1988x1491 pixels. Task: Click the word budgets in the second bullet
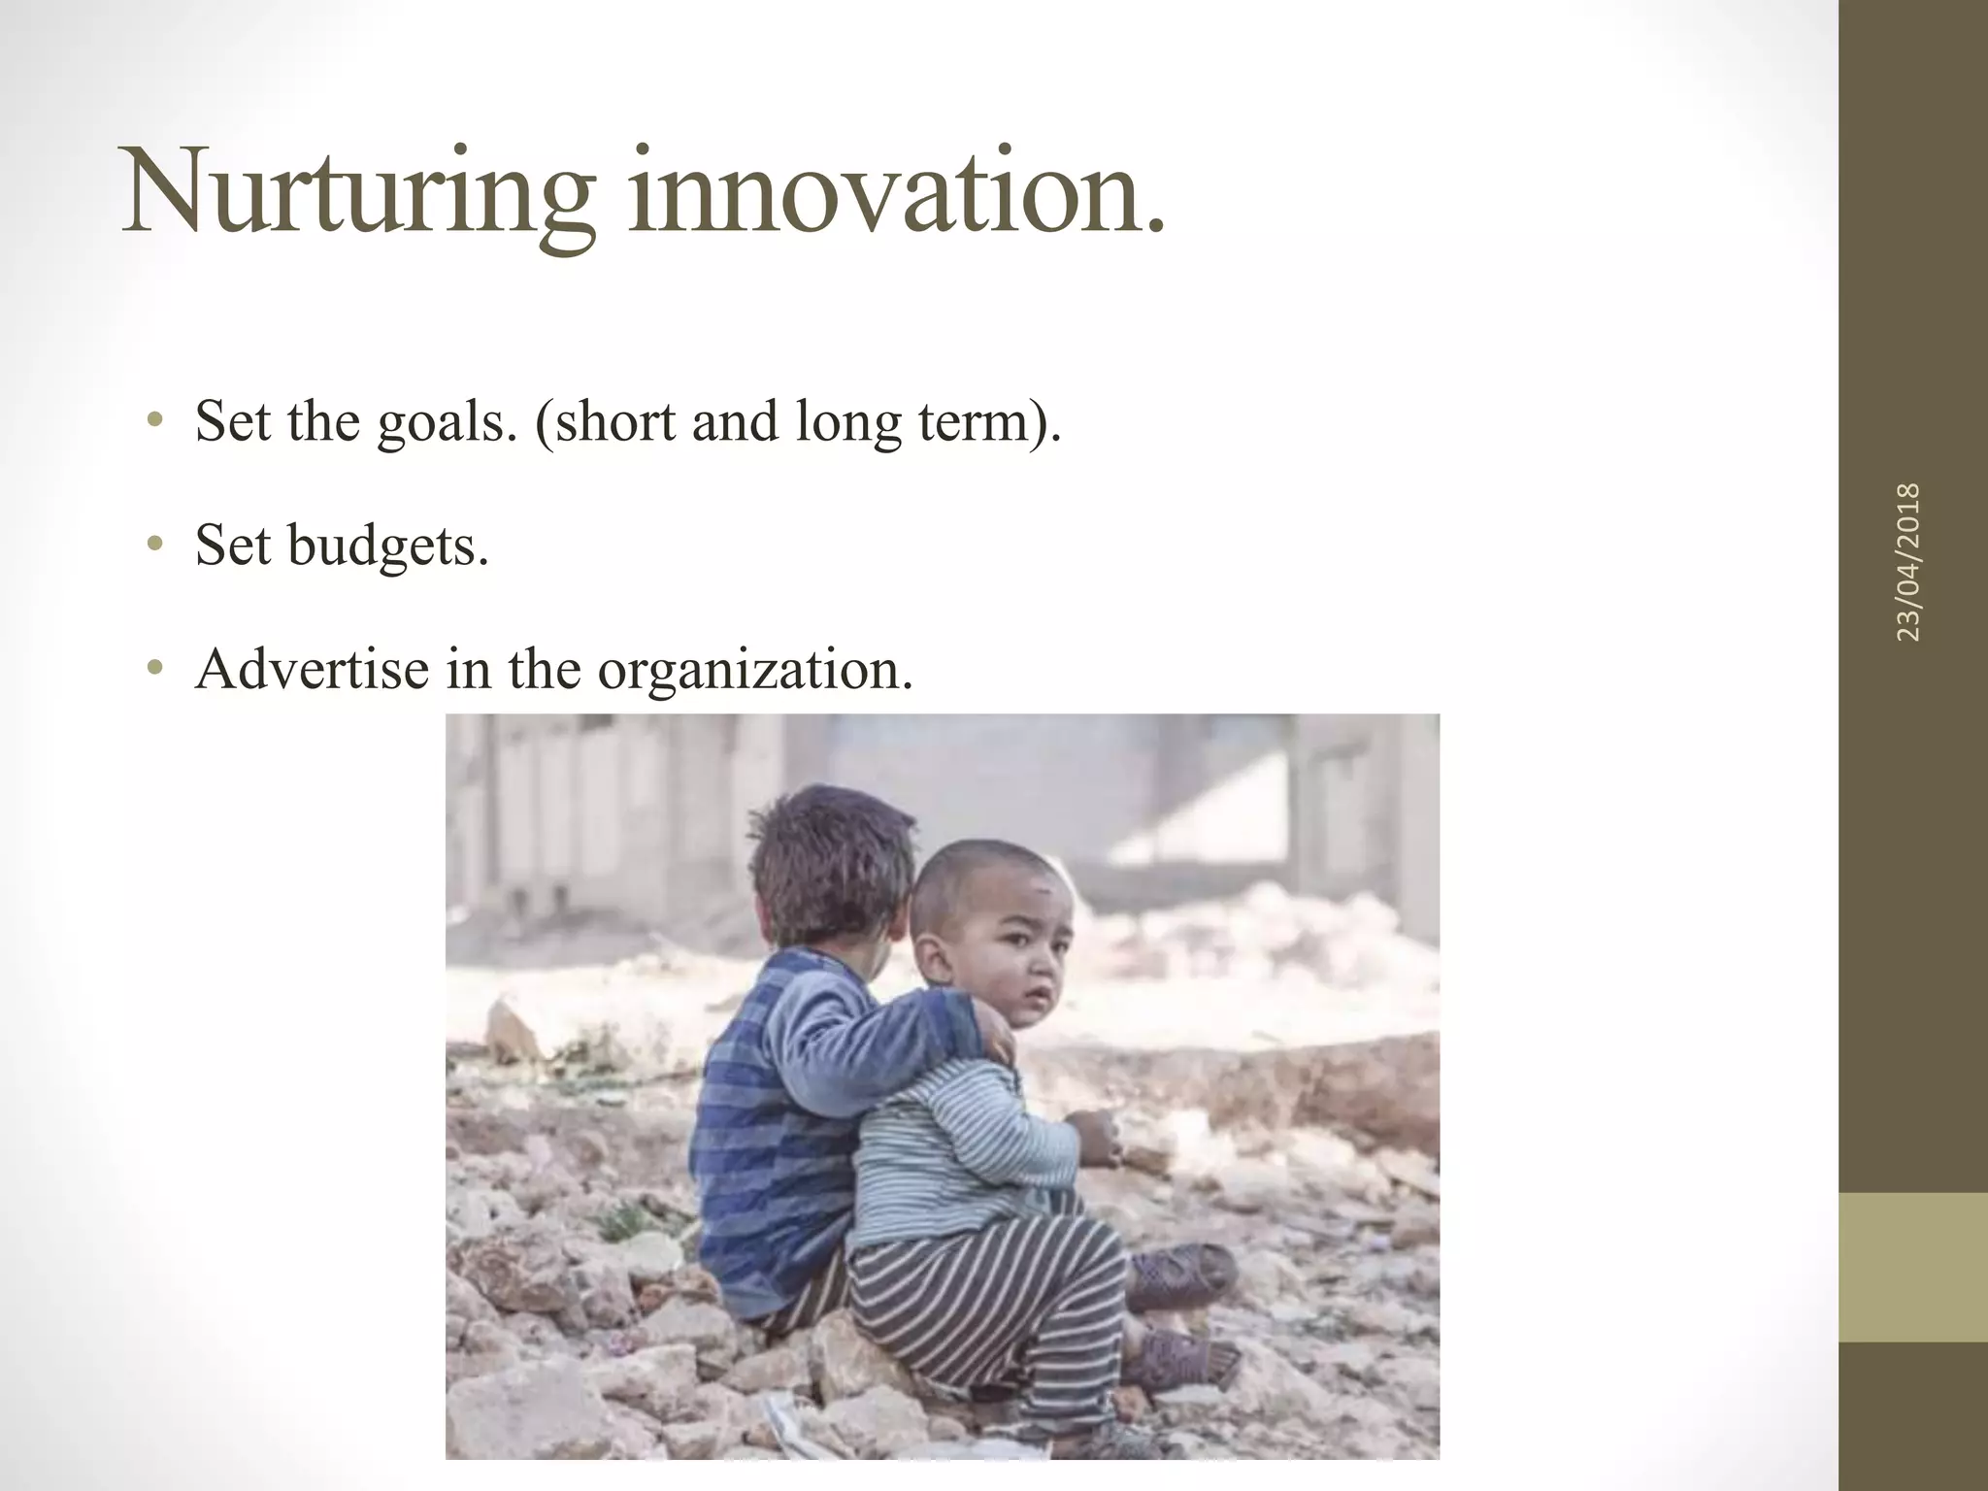point(388,546)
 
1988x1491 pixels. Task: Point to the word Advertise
point(312,668)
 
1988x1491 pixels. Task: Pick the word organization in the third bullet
point(754,670)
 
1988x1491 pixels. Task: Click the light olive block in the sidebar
point(1913,1267)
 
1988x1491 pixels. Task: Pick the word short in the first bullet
point(613,423)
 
